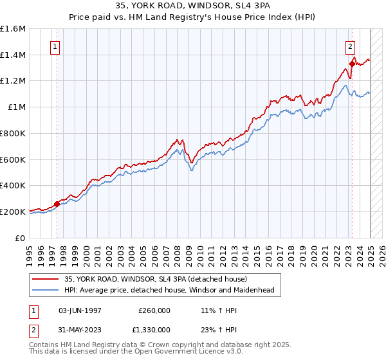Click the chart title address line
(193, 6)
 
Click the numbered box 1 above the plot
(55, 46)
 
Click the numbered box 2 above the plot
(351, 46)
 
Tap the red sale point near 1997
(57, 204)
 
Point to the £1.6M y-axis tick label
(14, 29)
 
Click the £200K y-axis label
(14, 211)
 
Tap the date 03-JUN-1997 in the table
(80, 310)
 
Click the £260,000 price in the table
(154, 310)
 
